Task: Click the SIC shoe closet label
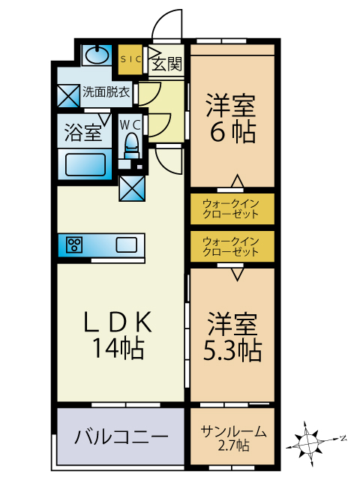coord(130,59)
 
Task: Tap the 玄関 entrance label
coord(166,64)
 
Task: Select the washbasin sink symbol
coord(97,55)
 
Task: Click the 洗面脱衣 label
coord(106,91)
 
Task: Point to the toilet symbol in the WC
coord(132,145)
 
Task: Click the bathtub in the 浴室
coord(85,164)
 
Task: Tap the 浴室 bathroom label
coord(83,133)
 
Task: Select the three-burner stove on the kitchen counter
coord(74,245)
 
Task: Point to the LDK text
coord(118,322)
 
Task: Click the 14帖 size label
coord(118,348)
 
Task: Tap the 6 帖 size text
coord(232,132)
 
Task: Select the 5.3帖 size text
coord(232,350)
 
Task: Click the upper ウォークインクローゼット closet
coord(232,208)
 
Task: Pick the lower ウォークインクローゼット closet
coord(232,247)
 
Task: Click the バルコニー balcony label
coord(121,436)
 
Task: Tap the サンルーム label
coord(233,431)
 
